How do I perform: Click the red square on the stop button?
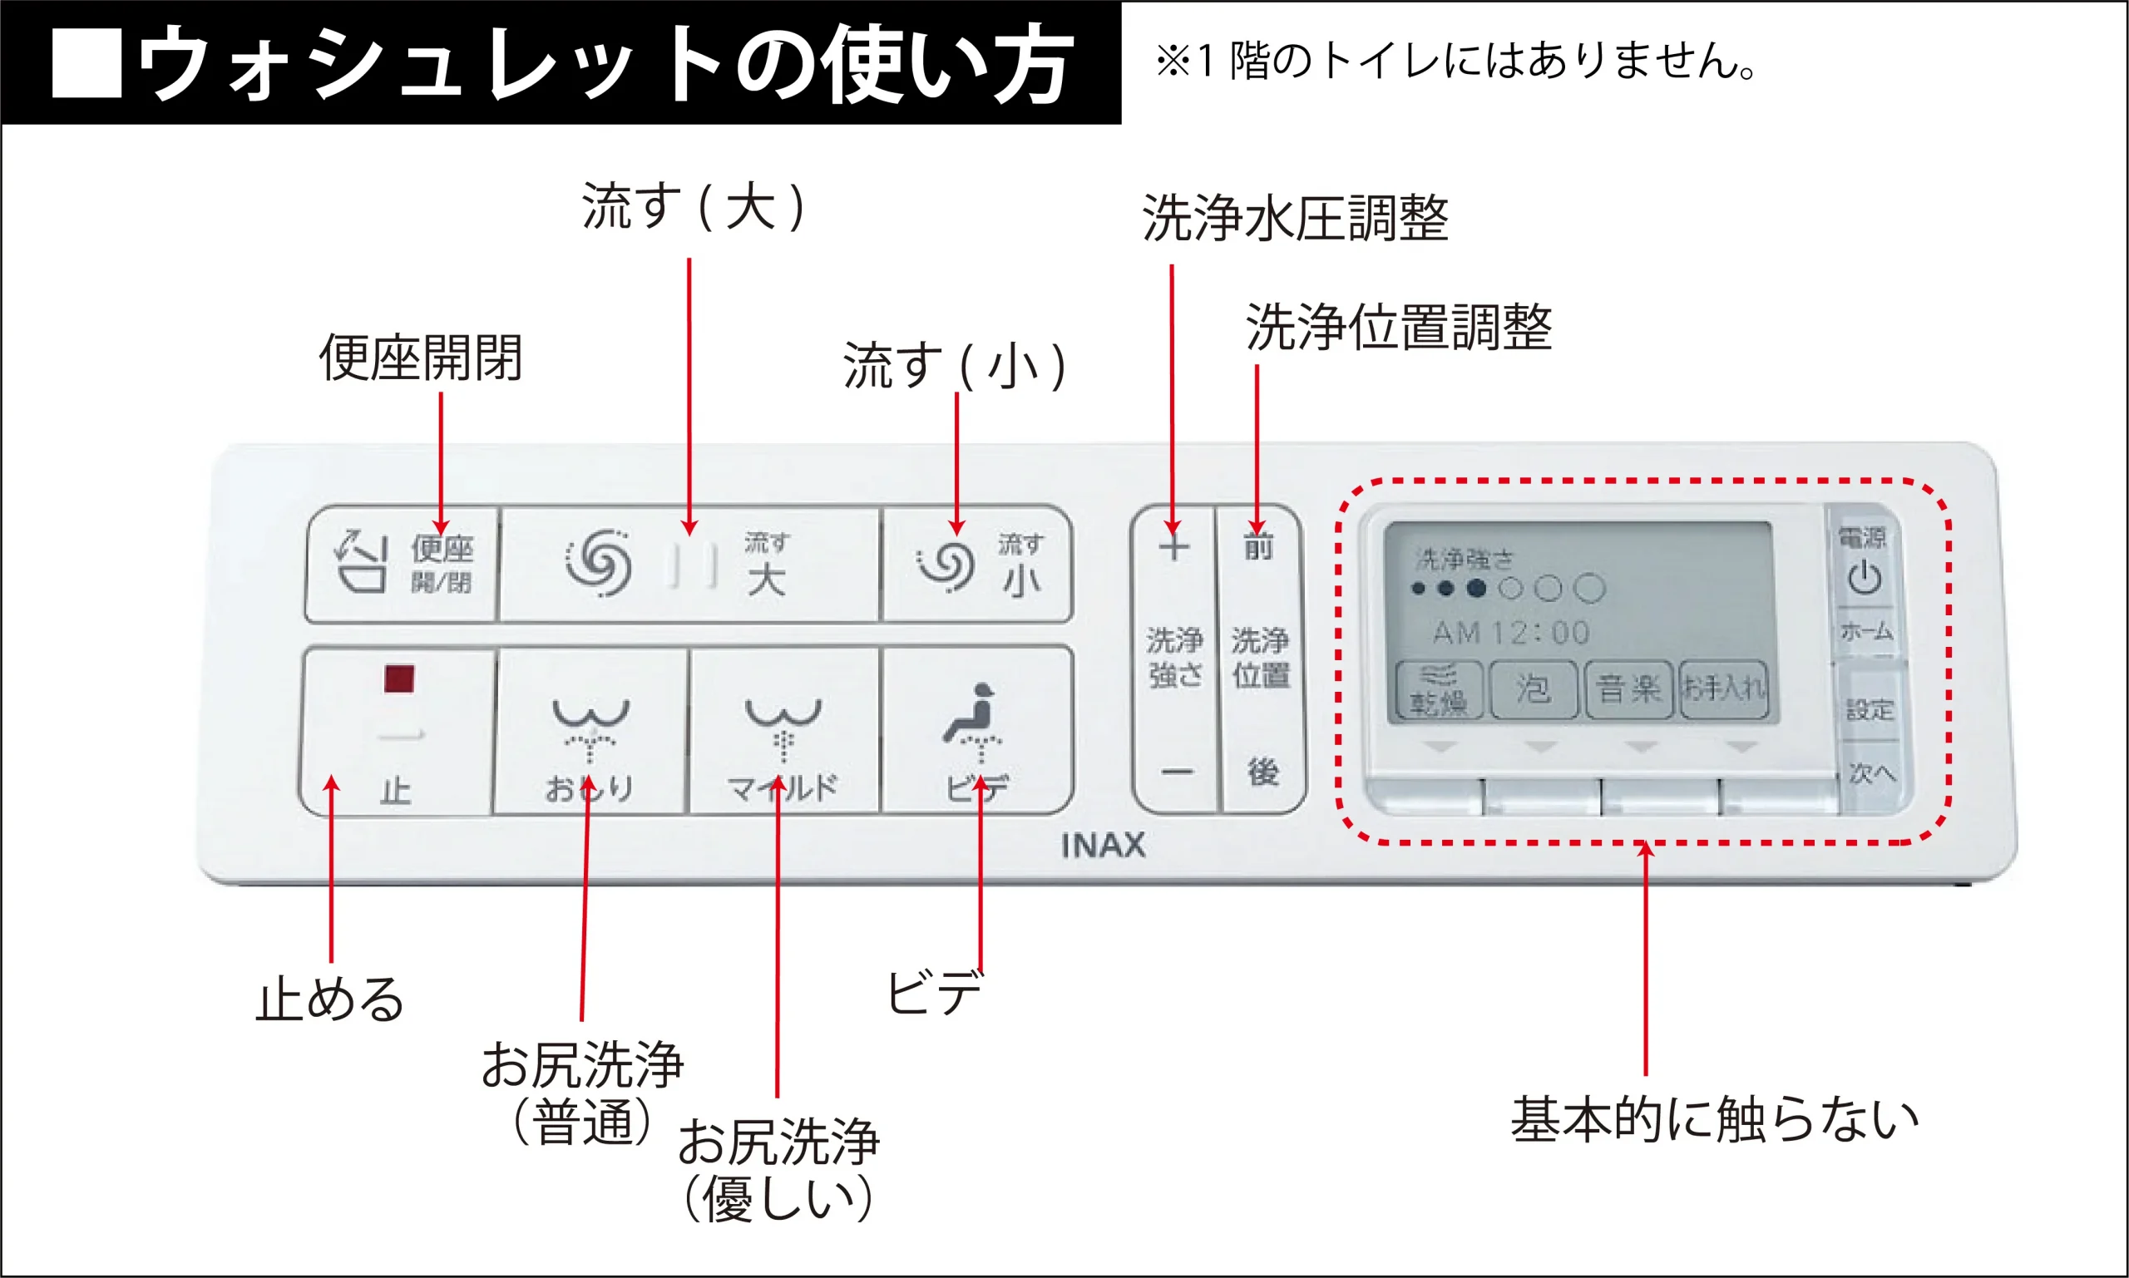(x=398, y=678)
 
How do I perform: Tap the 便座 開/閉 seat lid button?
(x=403, y=563)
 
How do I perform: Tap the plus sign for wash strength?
(x=1173, y=548)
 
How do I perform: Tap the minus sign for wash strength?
(x=1176, y=772)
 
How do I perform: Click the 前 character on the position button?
(x=1258, y=546)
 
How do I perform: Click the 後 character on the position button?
(x=1262, y=772)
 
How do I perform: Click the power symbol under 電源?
(x=1865, y=577)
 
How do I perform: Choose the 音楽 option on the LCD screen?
(x=1628, y=689)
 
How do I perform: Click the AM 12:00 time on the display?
(x=1510, y=633)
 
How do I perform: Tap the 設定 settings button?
(x=1870, y=709)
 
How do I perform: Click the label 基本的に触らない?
(x=1714, y=1119)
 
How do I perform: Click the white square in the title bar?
(x=86, y=63)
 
